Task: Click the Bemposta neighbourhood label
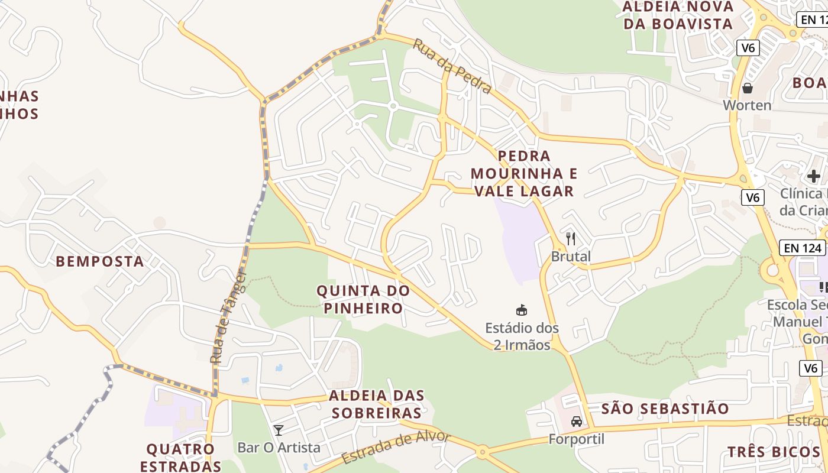pos(100,261)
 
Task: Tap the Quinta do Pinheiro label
pos(363,299)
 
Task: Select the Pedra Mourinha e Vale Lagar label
pos(524,173)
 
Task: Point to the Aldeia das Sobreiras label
pos(376,404)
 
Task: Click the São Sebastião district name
pos(665,409)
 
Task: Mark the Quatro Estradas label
pos(180,457)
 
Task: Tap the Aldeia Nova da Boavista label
pos(678,15)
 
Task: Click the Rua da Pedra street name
pos(452,66)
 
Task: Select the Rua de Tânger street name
pos(227,318)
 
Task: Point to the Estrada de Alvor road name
pos(396,448)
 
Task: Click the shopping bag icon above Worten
pos(748,88)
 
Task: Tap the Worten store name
pos(748,105)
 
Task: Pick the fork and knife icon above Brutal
pos(571,239)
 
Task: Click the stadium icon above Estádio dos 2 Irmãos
pos(522,310)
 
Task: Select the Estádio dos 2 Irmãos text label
pos(522,336)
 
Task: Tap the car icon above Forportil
pos(577,422)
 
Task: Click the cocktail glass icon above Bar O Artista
pos(279,430)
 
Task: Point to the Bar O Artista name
pos(279,448)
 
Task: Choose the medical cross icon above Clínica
pos(814,176)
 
